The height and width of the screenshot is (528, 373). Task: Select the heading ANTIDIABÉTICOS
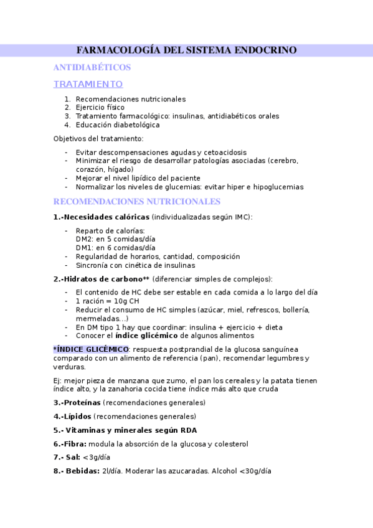92,67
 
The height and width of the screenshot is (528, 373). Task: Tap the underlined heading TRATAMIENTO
88,84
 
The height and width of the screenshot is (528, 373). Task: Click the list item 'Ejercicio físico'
100,107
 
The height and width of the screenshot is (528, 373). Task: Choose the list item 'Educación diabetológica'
118,125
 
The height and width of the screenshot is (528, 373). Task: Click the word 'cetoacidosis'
225,152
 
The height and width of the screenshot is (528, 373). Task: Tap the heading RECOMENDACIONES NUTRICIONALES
136,202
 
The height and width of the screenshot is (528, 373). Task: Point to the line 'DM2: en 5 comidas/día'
115,239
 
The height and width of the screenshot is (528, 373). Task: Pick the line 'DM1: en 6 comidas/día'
115,248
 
